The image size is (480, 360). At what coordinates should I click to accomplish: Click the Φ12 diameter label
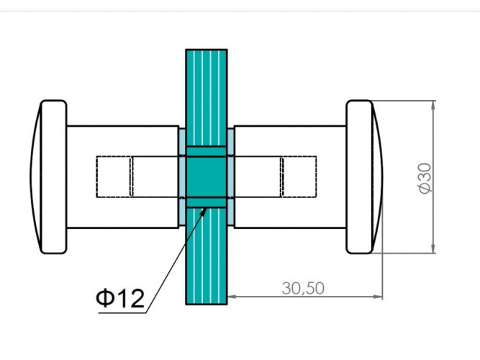tap(120, 298)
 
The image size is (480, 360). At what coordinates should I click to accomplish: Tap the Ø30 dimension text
tap(425, 179)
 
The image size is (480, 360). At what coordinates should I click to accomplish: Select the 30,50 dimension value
tap(303, 288)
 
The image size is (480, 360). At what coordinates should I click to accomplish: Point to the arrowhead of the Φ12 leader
tap(204, 211)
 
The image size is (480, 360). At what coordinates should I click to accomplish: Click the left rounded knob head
tap(53, 177)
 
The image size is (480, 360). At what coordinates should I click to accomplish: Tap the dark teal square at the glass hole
tap(207, 177)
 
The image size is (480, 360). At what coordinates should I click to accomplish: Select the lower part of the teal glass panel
tap(207, 256)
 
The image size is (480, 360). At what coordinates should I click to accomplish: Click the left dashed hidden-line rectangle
tap(114, 177)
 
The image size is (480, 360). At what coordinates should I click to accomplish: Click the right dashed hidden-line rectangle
tap(299, 177)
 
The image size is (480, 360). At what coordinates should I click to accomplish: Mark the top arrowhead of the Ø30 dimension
tap(433, 105)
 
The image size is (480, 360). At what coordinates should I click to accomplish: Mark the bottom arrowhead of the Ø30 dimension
tap(433, 249)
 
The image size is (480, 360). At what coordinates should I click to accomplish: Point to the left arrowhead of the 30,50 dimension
tap(232, 297)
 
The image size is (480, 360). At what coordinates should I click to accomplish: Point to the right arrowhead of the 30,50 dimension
tap(378, 297)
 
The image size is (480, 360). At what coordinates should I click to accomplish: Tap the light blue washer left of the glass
tap(183, 177)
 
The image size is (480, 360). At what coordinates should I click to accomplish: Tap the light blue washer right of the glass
tap(230, 177)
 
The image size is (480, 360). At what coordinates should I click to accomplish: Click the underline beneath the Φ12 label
tap(122, 312)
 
